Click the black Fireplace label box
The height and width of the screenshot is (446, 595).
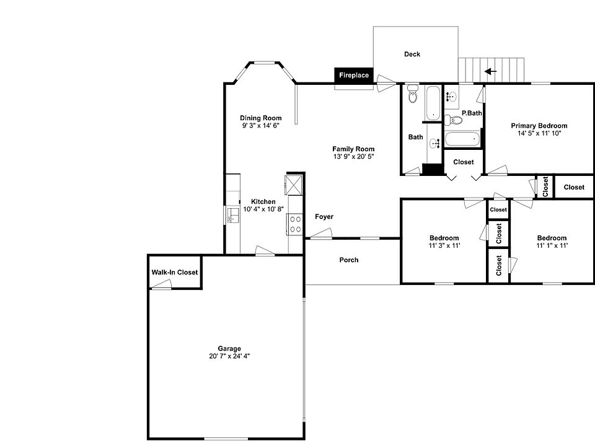(354, 76)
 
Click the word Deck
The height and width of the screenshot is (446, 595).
(412, 55)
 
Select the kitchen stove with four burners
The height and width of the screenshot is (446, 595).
(295, 224)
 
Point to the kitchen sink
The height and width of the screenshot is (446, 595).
(233, 215)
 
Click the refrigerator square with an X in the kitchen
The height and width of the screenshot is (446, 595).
(293, 185)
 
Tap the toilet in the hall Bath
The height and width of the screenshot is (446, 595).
(413, 97)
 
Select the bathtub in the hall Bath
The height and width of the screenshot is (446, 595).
(432, 103)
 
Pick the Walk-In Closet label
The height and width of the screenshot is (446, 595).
(175, 273)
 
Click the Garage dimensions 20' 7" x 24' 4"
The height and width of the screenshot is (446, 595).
(229, 356)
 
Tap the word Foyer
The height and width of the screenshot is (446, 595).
(324, 217)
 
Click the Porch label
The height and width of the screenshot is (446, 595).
(349, 260)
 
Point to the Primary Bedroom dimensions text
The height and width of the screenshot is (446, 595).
(539, 133)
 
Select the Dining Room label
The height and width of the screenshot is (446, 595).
(261, 118)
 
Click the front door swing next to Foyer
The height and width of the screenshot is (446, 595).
(321, 234)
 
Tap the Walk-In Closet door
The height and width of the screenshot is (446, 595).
(162, 284)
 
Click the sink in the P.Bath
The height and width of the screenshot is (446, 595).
(451, 96)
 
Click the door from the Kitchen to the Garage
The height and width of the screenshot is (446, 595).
(265, 250)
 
